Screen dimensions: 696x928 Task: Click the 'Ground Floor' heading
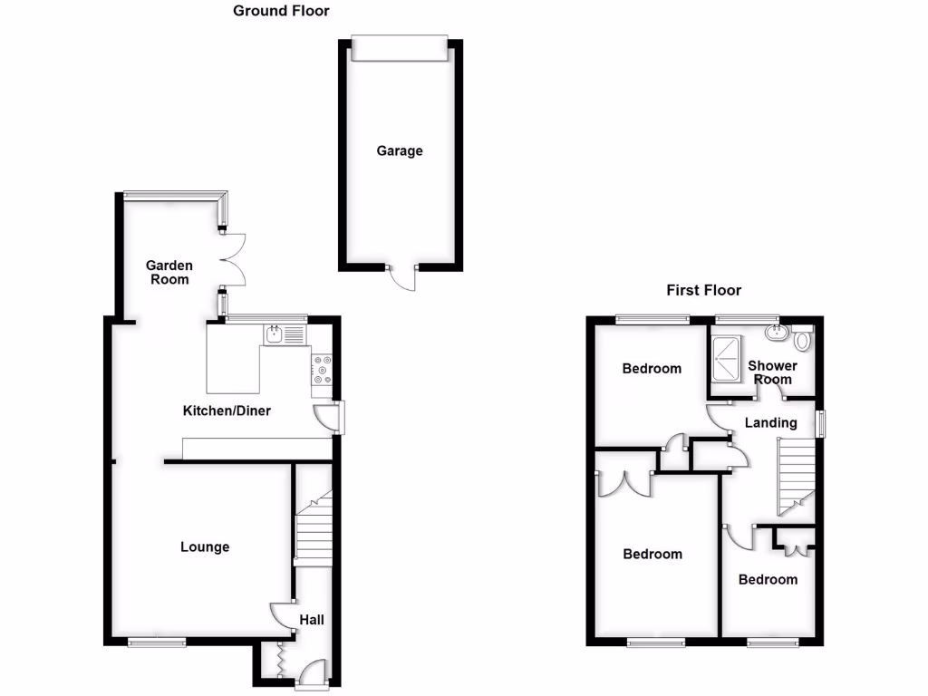[281, 11]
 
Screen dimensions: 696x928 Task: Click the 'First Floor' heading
[703, 290]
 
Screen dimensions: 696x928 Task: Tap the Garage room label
[400, 151]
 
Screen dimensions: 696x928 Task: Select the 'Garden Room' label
[169, 272]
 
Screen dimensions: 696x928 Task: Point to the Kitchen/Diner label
[227, 411]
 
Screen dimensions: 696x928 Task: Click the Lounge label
[205, 546]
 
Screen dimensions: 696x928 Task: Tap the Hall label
[312, 620]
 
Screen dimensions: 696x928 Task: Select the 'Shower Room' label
[772, 372]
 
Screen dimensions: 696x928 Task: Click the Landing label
[770, 422]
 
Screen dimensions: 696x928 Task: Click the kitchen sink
[285, 334]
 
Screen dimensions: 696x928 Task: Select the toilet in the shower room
[802, 341]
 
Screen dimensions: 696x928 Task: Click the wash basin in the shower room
[777, 333]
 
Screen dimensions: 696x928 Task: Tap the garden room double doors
[234, 261]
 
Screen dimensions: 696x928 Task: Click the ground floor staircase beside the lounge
[314, 530]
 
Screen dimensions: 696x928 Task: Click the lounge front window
[157, 642]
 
